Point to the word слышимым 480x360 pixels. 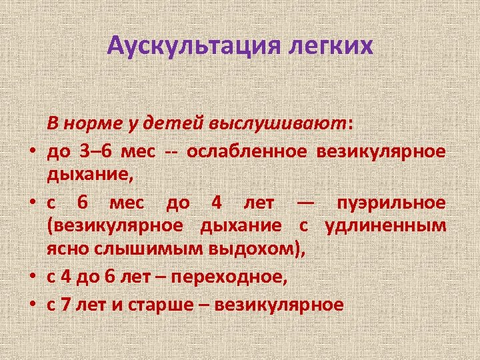tap(134, 252)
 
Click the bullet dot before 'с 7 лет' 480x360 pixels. tap(31, 305)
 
